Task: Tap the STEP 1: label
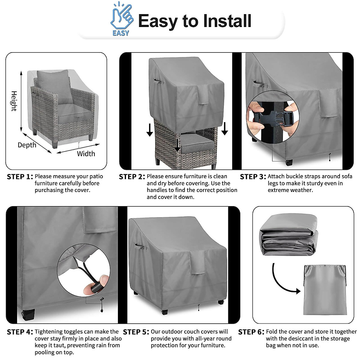coord(20,177)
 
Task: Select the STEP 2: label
coord(132,177)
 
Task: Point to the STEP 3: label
coord(253,177)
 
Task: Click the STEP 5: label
coord(136,332)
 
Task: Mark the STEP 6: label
coord(251,332)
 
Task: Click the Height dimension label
coord(14,101)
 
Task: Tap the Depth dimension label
coord(27,145)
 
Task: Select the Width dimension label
coord(86,154)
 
